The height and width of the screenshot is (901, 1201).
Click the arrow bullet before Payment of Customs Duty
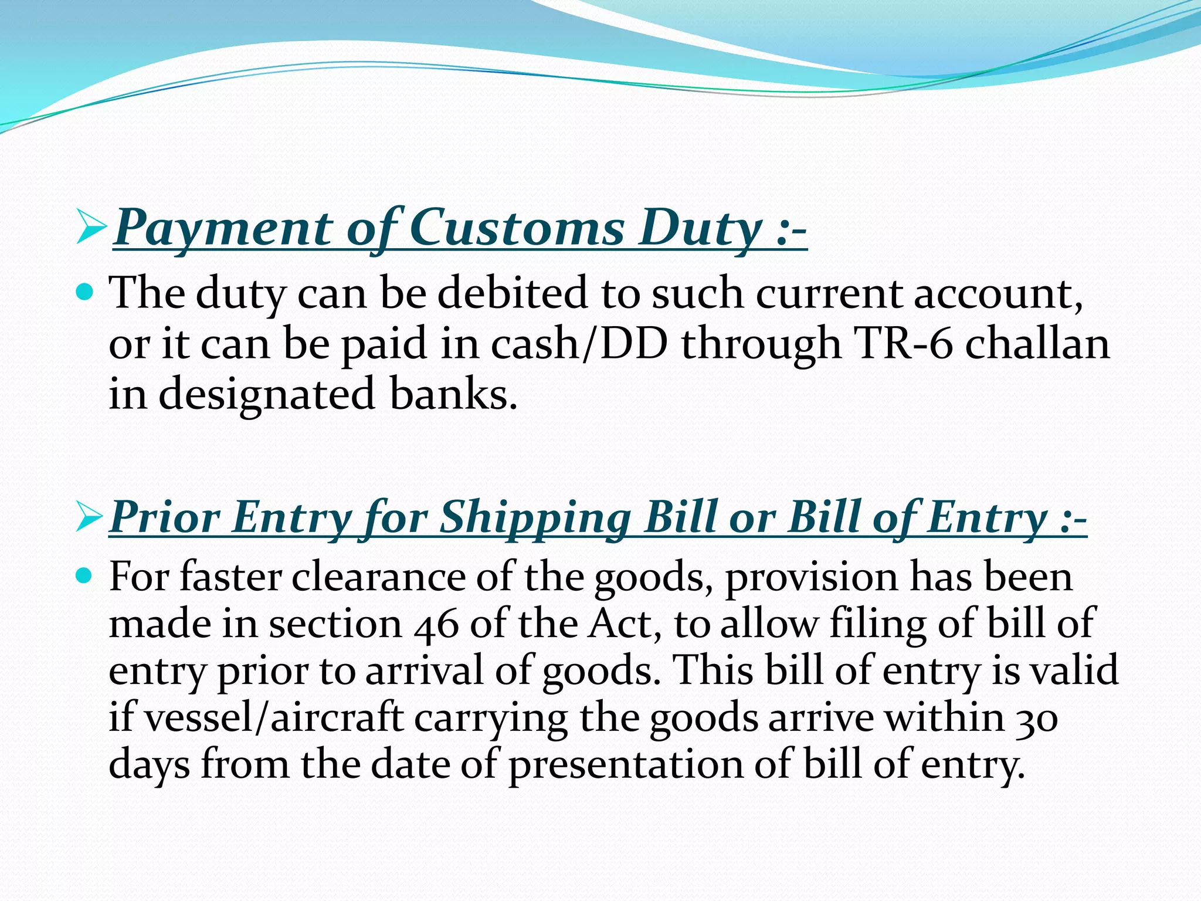91,229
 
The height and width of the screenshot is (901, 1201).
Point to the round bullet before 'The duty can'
86,292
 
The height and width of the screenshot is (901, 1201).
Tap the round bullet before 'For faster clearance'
86,576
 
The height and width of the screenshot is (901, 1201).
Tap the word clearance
378,577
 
